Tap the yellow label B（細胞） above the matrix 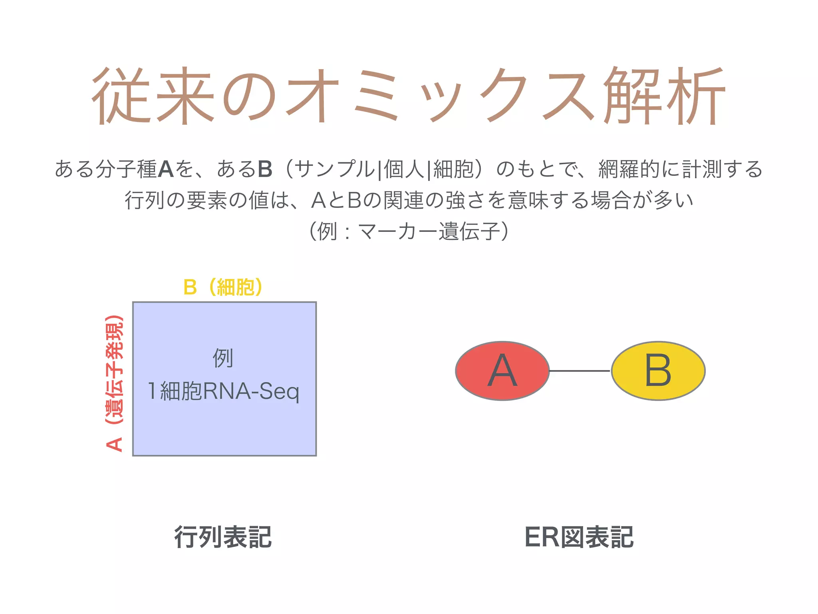223,287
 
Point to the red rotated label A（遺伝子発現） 115,384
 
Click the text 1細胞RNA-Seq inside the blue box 223,391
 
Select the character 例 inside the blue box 223,358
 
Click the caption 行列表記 223,537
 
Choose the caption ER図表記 579,537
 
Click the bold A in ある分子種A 166,169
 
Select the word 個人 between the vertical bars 403,169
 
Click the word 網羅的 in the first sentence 629,169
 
